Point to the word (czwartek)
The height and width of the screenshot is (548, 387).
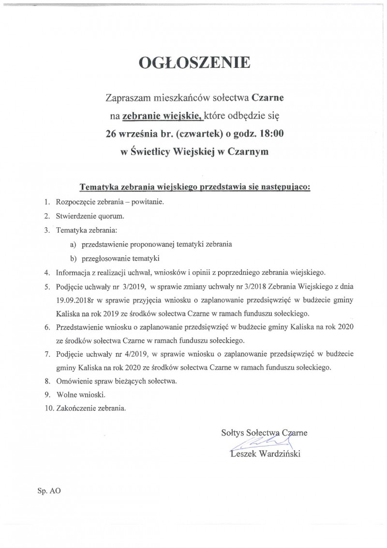coord(191,133)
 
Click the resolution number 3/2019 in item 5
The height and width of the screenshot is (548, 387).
coord(131,286)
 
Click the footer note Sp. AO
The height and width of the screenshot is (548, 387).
coord(49,490)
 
